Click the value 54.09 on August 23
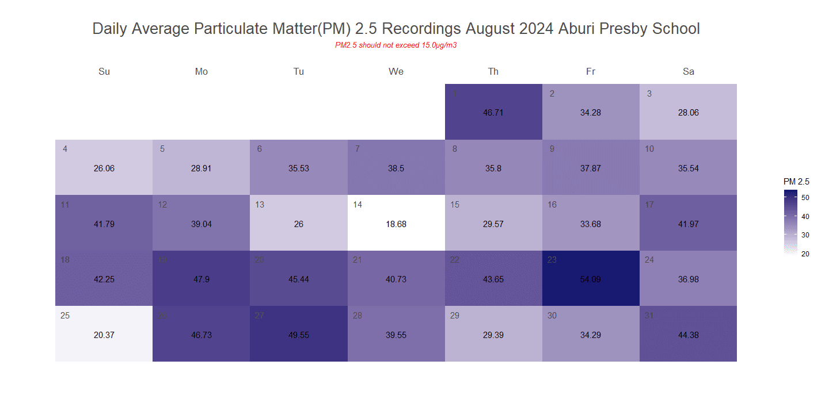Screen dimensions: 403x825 click(591, 279)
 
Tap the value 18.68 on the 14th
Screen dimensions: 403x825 click(396, 224)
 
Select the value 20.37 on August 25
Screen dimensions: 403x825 click(104, 335)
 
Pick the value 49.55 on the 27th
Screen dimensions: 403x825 click(299, 335)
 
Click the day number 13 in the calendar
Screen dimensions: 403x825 click(260, 205)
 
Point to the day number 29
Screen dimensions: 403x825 click(455, 316)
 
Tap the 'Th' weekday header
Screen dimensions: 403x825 click(493, 71)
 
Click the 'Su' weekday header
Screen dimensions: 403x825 click(104, 71)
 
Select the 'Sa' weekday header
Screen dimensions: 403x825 click(688, 71)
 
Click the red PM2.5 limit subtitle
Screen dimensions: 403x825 click(396, 45)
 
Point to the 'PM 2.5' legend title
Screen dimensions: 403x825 click(796, 182)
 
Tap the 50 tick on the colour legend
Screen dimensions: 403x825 click(805, 197)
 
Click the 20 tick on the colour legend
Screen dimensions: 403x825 click(805, 254)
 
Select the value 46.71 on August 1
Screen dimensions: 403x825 click(493, 113)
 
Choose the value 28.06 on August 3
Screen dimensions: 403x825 click(688, 113)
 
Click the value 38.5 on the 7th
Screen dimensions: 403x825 click(396, 168)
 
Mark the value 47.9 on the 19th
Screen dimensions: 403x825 click(202, 279)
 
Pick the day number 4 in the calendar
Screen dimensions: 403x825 click(65, 149)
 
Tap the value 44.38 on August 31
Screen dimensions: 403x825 click(688, 335)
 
